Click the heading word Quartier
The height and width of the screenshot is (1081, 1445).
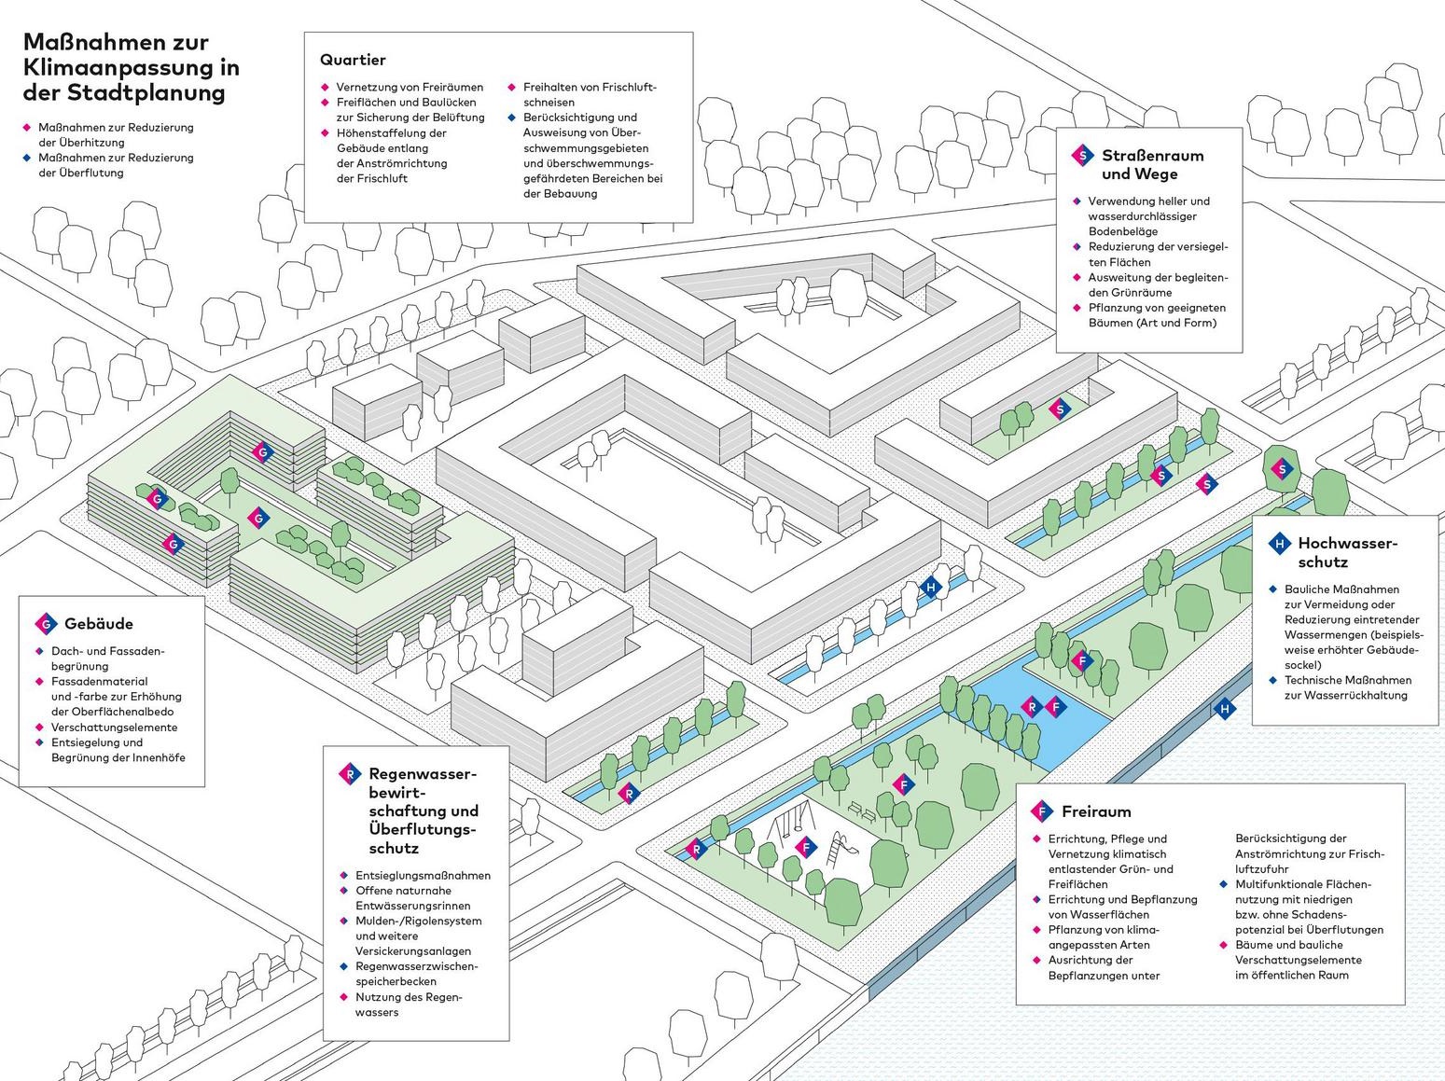pyautogui.click(x=353, y=60)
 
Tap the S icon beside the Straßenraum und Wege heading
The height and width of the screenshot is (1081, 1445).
pyautogui.click(x=1081, y=155)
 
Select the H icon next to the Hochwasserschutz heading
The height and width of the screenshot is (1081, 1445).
pyautogui.click(x=1279, y=544)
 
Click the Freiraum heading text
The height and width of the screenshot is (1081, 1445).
pyautogui.click(x=1096, y=811)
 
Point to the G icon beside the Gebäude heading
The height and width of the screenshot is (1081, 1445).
pyautogui.click(x=46, y=624)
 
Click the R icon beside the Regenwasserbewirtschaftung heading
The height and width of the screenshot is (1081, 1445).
pyautogui.click(x=350, y=774)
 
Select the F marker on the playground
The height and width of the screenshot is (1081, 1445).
pyautogui.click(x=806, y=848)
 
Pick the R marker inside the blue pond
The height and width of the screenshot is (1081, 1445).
pyautogui.click(x=1032, y=707)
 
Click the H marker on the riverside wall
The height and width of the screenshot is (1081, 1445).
pyautogui.click(x=1225, y=709)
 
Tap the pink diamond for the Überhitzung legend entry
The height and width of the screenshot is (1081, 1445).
pyautogui.click(x=27, y=128)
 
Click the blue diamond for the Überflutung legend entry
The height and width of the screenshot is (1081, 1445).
pyautogui.click(x=27, y=158)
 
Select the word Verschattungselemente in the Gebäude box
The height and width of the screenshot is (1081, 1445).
pyautogui.click(x=114, y=727)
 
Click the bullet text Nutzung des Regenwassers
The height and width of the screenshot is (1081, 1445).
pyautogui.click(x=409, y=1004)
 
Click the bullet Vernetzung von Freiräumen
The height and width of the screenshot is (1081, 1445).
pyautogui.click(x=410, y=87)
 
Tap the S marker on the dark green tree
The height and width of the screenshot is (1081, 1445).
pyautogui.click(x=1282, y=469)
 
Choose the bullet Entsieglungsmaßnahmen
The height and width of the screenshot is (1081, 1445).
pyautogui.click(x=423, y=875)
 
